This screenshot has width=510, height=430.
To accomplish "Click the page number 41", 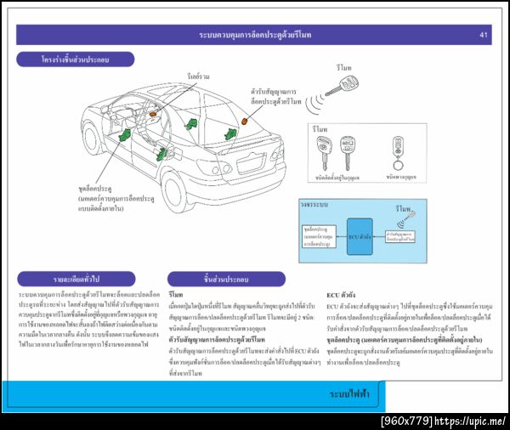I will tap(483, 35).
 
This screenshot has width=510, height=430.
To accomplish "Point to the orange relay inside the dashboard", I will tap(154, 113).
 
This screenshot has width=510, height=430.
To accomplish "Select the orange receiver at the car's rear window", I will tap(245, 122).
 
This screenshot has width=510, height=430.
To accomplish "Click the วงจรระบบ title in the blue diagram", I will tap(314, 205).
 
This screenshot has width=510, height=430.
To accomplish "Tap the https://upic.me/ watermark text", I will tap(469, 421).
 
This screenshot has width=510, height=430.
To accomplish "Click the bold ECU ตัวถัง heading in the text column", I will tap(344, 294).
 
